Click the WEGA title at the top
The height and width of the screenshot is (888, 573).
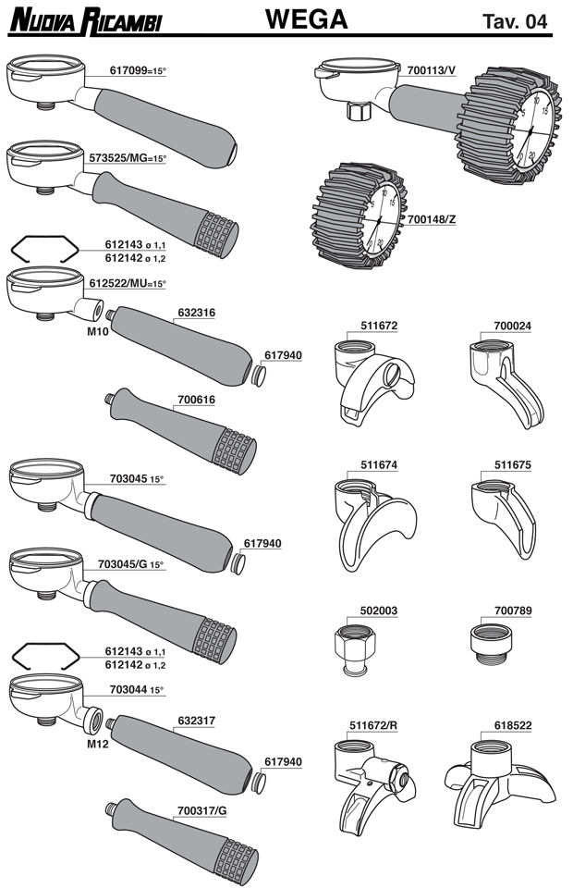(306, 18)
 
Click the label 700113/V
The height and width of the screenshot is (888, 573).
(433, 70)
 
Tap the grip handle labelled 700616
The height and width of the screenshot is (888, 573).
(185, 430)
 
